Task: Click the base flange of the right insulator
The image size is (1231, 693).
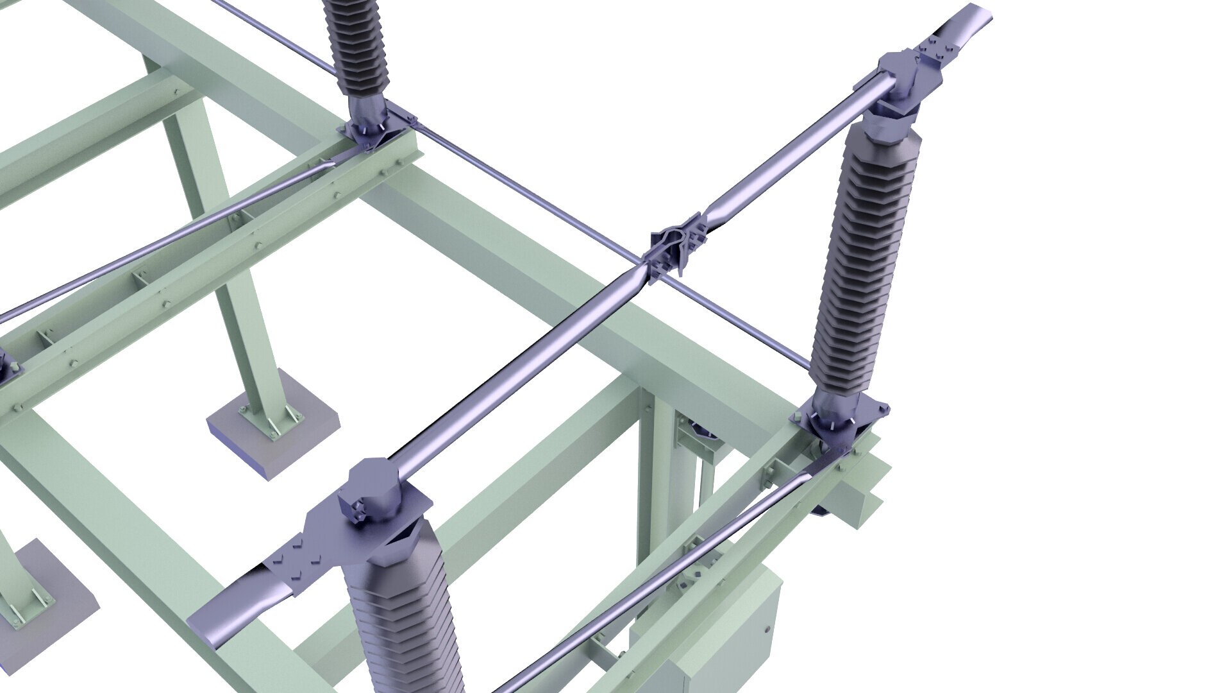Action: click(x=840, y=417)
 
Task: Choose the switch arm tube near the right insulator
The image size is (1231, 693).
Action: click(x=795, y=148)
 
